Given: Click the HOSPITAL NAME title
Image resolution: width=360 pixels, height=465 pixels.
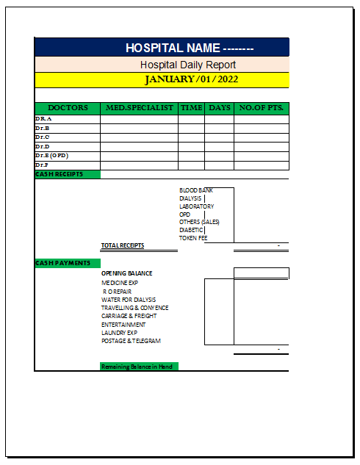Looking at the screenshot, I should click(x=190, y=48).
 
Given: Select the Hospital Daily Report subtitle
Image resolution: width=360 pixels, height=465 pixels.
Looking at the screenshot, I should click(x=188, y=65).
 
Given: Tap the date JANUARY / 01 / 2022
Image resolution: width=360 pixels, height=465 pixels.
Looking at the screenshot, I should click(x=191, y=79).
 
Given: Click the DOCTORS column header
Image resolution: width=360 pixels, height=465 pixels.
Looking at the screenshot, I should click(x=67, y=108).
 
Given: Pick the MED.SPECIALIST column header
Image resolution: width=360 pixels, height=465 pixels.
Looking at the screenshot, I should click(x=140, y=108).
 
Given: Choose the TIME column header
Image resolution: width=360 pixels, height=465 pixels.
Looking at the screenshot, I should click(x=191, y=108).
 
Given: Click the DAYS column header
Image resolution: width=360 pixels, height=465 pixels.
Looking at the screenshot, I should click(x=219, y=108).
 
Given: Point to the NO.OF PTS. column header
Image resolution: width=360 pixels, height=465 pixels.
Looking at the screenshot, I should click(x=261, y=108).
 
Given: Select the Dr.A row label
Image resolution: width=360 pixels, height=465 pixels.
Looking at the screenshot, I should click(x=43, y=118).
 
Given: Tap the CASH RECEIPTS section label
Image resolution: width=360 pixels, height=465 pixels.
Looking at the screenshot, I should click(x=59, y=174).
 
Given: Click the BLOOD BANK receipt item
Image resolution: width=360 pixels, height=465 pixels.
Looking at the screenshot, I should click(x=195, y=190).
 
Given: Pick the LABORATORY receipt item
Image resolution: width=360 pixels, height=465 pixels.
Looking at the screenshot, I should click(x=196, y=206).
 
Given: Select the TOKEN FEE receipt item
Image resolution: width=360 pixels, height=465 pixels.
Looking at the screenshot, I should click(x=193, y=238).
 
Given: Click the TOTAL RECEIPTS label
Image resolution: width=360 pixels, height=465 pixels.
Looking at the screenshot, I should click(x=123, y=245).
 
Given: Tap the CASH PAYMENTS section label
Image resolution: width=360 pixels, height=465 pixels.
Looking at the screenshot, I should click(x=62, y=263).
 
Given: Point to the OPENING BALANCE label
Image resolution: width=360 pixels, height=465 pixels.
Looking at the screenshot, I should click(x=127, y=273).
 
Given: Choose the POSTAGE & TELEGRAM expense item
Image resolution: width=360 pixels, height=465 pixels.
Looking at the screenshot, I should click(x=131, y=341).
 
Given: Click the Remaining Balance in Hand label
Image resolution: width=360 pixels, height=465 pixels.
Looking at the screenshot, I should click(x=137, y=366).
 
